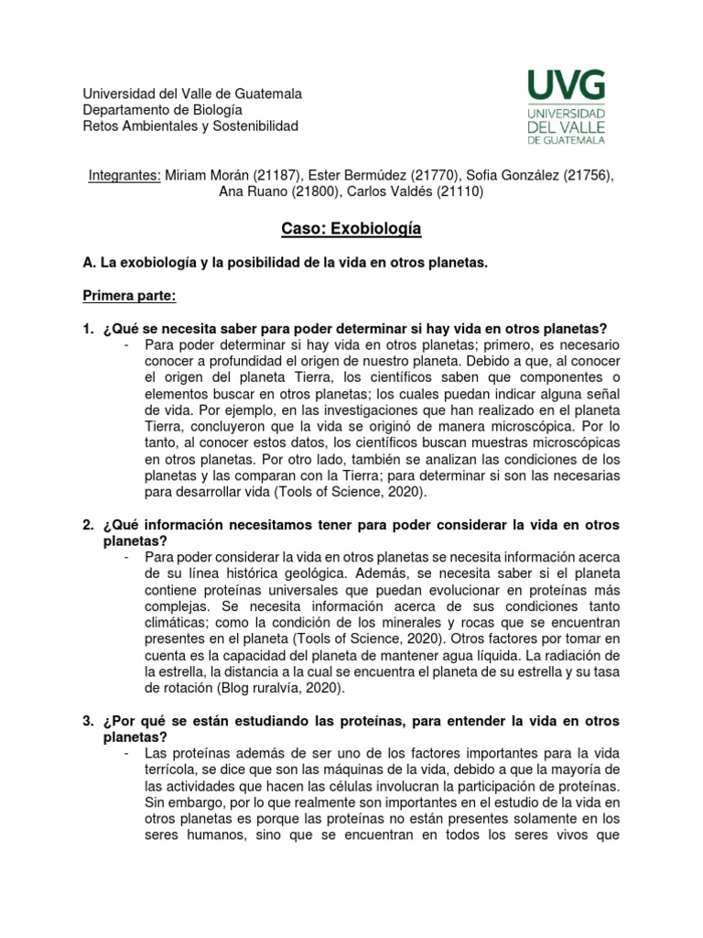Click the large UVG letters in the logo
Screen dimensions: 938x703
565,86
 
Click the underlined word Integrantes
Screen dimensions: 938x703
124,175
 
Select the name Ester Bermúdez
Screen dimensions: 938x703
353,175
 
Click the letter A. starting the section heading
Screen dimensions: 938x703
90,263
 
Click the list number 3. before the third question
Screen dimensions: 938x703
89,722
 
